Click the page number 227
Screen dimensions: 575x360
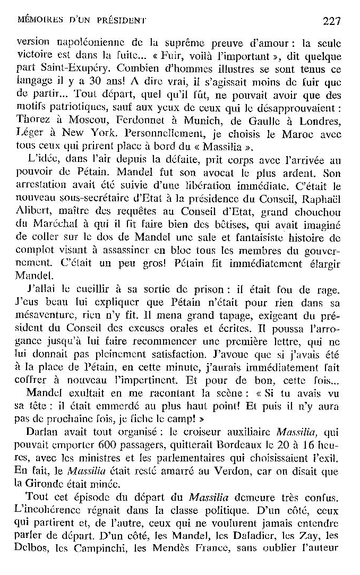pyautogui.click(x=331, y=21)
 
